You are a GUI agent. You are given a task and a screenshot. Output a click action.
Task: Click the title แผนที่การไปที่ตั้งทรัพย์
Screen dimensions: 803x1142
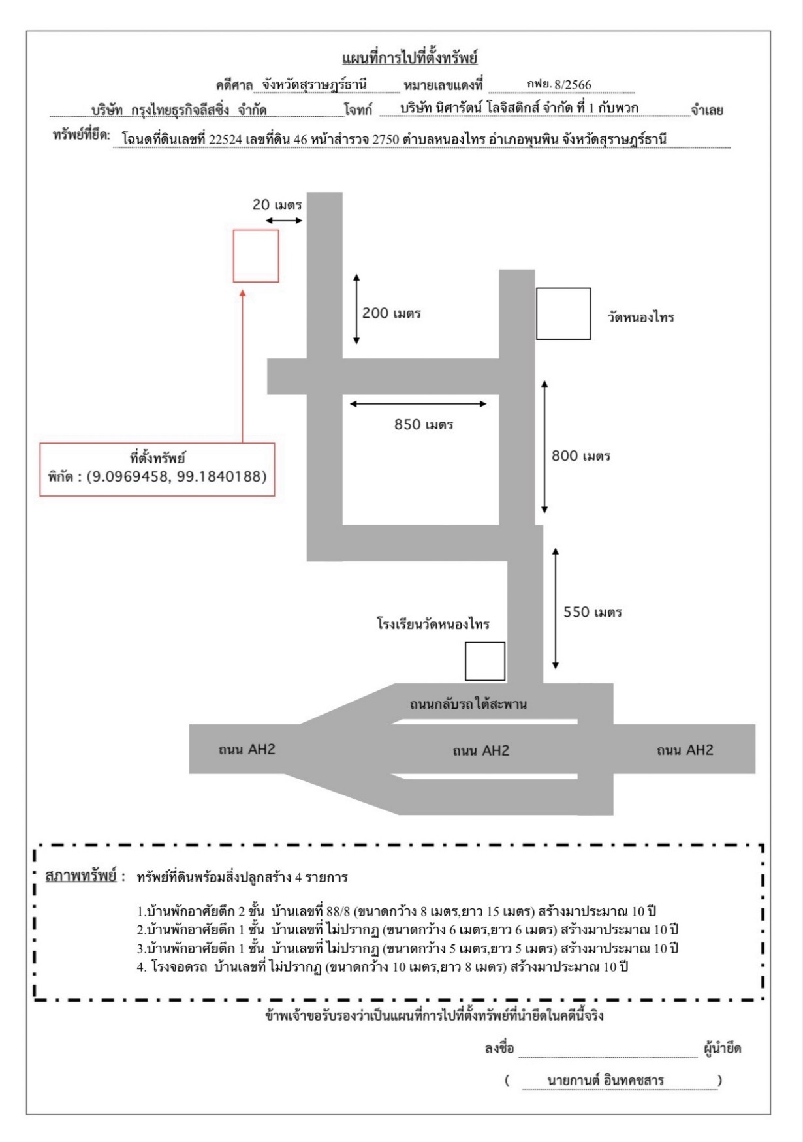click(410, 58)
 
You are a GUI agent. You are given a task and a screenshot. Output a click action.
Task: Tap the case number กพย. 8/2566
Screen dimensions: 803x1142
click(559, 84)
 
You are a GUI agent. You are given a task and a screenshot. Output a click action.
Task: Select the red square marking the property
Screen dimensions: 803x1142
click(256, 256)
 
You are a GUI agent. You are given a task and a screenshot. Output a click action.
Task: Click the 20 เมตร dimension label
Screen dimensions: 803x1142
click(277, 205)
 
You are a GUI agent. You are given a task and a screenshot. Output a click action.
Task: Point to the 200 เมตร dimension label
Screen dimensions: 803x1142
click(392, 313)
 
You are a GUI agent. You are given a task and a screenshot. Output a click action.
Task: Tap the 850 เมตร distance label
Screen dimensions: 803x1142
click(424, 425)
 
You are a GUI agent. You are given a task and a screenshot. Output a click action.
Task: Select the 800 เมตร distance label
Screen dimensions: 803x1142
click(581, 456)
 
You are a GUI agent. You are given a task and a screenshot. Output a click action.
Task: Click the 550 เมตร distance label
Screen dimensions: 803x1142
click(593, 612)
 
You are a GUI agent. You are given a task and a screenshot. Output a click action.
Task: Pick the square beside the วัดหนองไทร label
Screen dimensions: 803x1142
click(563, 314)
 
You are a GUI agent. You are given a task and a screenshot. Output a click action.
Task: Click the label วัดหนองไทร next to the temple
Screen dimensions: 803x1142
click(640, 318)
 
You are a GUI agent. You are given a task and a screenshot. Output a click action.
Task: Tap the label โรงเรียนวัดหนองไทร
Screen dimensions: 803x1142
click(433, 625)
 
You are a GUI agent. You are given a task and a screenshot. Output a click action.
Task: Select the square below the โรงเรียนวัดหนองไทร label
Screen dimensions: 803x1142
click(485, 662)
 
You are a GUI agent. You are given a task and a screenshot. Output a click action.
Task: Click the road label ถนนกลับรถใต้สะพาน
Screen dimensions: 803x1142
click(468, 704)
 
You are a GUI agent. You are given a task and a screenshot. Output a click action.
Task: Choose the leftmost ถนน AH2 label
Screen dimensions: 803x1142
click(247, 750)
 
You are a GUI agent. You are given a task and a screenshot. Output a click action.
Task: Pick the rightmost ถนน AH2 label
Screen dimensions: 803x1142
click(685, 750)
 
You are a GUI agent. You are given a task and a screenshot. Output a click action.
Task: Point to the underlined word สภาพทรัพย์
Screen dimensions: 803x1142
click(81, 876)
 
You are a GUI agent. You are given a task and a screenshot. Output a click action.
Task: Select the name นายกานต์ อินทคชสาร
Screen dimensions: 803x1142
click(605, 1081)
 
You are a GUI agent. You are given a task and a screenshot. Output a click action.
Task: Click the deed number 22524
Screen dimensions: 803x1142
click(225, 139)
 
